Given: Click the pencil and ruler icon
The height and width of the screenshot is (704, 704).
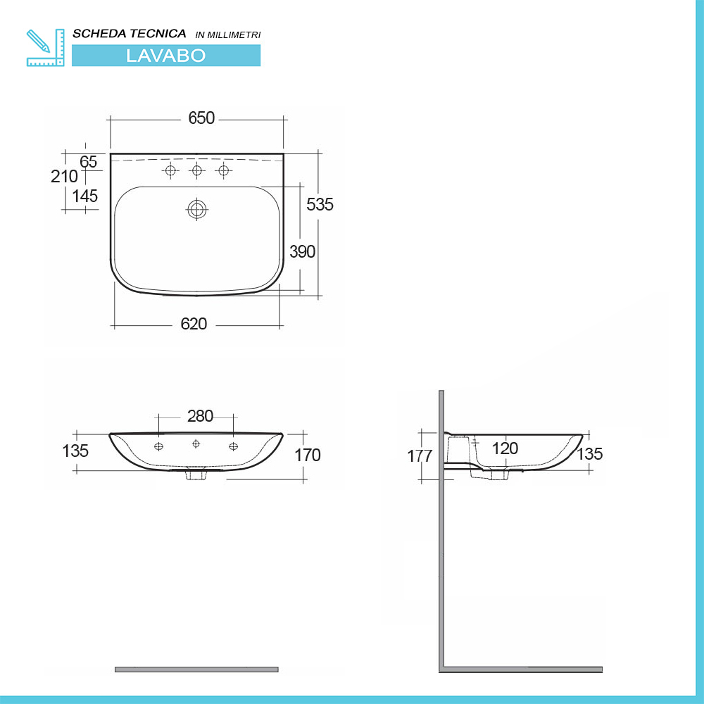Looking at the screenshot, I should tap(44, 47).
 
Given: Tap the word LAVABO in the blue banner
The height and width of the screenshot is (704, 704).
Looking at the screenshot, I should tap(165, 56).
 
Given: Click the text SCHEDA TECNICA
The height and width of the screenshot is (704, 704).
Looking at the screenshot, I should tap(130, 34).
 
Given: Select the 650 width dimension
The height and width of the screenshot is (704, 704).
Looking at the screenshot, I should tap(201, 118).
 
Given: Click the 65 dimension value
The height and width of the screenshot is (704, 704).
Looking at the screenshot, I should tap(88, 161).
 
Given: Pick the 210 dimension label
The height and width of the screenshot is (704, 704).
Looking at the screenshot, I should tap(64, 177).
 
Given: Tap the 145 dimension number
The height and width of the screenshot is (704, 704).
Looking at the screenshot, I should tap(85, 196).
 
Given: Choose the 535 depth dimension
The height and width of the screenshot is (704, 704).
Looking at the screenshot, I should tap(320, 204).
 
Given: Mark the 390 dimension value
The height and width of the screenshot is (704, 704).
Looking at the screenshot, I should tap(303, 251).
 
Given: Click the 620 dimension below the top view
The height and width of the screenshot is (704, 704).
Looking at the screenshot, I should tap(194, 324).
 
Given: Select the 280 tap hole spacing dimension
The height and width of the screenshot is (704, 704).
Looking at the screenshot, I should tap(200, 416).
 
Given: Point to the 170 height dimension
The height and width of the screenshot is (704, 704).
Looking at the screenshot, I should tap(308, 455).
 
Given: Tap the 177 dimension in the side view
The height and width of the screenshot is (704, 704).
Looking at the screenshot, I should tap(420, 455).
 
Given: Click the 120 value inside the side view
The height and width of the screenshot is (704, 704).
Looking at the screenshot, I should tap(505, 448).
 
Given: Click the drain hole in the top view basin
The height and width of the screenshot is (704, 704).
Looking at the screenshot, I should tap(197, 208).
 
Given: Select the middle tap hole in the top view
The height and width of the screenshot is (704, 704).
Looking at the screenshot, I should tap(197, 171).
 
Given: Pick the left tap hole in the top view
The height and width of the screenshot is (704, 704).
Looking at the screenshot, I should tap(170, 171).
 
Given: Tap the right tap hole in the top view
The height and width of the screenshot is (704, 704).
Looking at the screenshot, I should tap(225, 171).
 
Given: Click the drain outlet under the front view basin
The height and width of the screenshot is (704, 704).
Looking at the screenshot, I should tap(195, 475).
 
